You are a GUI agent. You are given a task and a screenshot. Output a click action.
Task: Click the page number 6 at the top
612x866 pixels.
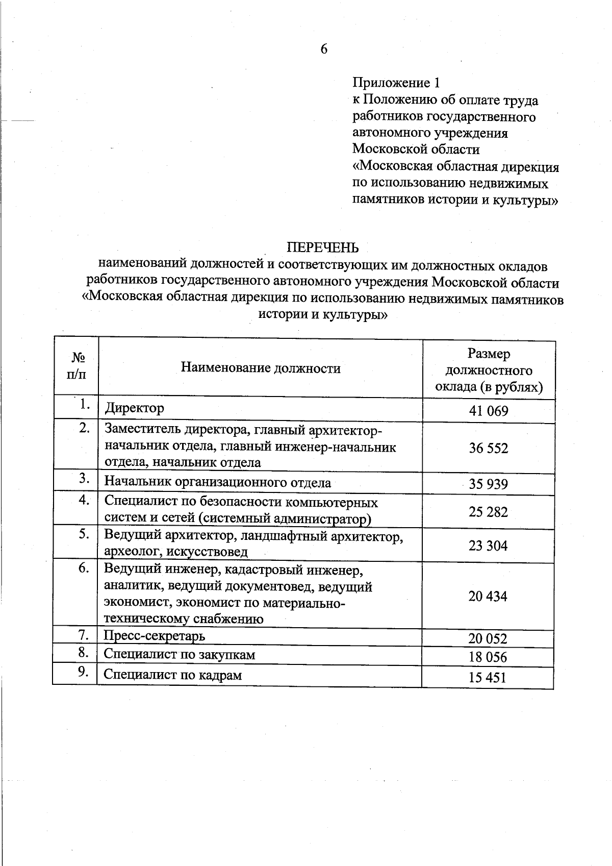tap(324, 49)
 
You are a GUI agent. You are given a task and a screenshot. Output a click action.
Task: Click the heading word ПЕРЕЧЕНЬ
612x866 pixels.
tap(323, 248)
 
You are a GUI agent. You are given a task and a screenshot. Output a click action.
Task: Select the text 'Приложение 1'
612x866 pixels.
tap(396, 83)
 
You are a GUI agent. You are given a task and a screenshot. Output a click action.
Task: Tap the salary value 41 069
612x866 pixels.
tap(489, 411)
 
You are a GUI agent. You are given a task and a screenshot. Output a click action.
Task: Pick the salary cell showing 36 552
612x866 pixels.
tap(489, 448)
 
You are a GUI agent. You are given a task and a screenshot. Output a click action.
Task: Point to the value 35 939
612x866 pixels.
tap(489, 484)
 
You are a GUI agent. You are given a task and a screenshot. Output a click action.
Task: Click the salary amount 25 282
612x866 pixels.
tap(489, 512)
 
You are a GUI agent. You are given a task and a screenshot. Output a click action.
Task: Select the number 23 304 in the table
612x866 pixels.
tap(488, 546)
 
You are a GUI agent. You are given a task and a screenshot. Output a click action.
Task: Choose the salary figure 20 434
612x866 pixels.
tap(488, 596)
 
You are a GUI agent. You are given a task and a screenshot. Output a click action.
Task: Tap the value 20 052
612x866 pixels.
tap(488, 639)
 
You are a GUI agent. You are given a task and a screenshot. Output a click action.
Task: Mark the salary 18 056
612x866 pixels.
tap(488, 657)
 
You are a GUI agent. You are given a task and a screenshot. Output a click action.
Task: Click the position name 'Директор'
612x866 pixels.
tap(135, 408)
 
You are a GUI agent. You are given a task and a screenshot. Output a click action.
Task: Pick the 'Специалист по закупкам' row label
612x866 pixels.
tap(179, 655)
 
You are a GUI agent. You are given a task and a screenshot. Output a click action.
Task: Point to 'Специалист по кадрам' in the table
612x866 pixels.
tap(172, 675)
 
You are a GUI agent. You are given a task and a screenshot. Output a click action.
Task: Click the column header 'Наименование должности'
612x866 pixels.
tap(261, 368)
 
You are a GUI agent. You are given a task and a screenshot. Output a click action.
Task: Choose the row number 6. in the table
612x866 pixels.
tap(85, 568)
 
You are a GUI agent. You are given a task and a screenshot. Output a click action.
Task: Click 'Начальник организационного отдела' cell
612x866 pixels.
tap(218, 482)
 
